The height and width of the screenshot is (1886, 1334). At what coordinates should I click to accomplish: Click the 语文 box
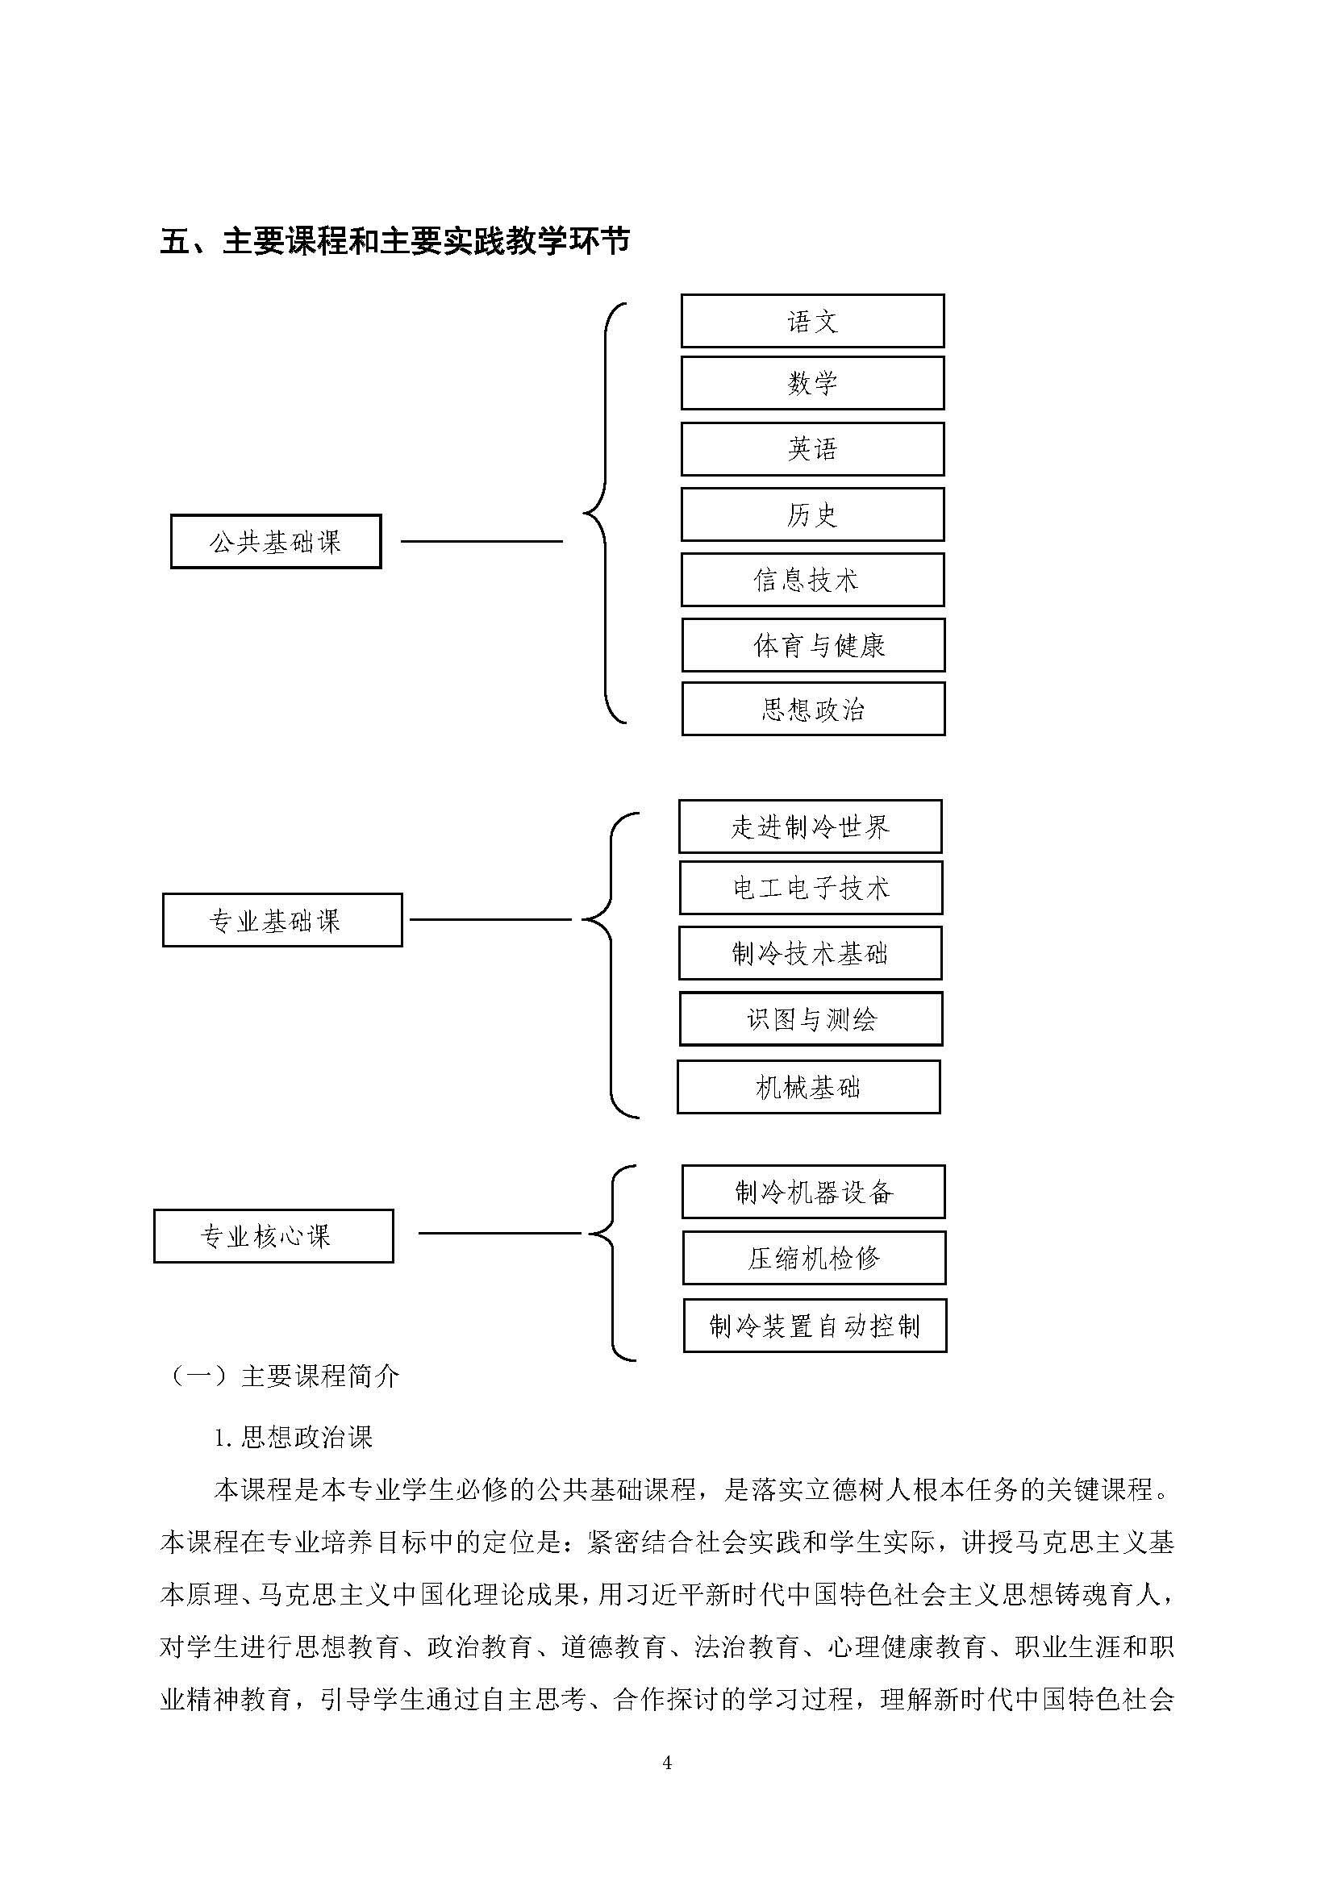(812, 320)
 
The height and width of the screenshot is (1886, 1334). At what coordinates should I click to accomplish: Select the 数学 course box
(812, 383)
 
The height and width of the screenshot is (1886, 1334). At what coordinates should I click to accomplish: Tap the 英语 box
(812, 448)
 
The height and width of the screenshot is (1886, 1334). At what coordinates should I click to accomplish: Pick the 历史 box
(812, 514)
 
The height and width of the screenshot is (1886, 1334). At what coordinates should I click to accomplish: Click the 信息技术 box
(812, 580)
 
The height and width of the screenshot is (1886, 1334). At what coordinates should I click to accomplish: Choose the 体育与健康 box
(813, 645)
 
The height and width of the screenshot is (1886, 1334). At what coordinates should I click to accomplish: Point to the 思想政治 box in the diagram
(813, 709)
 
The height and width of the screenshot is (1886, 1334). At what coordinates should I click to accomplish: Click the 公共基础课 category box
(276, 541)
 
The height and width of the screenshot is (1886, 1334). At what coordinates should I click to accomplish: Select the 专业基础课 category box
(282, 920)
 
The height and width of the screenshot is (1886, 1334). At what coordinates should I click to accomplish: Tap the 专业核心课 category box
(273, 1236)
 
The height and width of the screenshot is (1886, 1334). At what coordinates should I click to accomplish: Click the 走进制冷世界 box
(810, 826)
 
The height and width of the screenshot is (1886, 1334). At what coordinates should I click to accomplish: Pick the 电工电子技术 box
(811, 888)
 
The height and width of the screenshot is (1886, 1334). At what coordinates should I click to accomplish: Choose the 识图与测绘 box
(811, 1019)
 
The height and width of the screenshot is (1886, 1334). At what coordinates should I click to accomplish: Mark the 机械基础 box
(808, 1088)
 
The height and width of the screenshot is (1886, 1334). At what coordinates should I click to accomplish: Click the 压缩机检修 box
(814, 1258)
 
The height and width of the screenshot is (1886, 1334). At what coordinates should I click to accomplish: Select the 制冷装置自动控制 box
(815, 1326)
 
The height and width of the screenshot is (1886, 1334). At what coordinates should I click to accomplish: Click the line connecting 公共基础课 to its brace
(481, 541)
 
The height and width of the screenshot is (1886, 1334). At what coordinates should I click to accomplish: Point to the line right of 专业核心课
(499, 1233)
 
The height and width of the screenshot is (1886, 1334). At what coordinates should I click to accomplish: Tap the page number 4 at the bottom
(667, 1763)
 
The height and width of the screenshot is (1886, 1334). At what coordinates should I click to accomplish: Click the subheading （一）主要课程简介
(283, 1376)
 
